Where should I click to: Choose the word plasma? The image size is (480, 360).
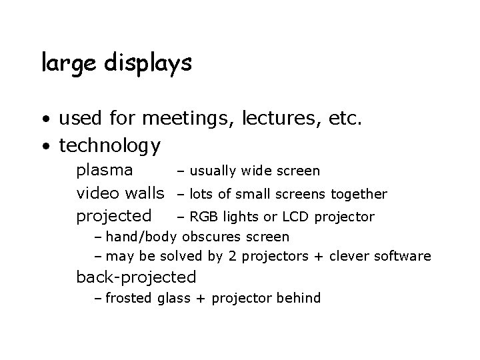(x=105, y=170)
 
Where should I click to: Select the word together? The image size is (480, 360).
(x=359, y=194)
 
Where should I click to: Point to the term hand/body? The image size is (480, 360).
(x=141, y=237)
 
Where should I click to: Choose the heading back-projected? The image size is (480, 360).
(x=137, y=277)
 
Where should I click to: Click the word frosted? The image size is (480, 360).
(x=129, y=298)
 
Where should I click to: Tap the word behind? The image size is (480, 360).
(x=299, y=298)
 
